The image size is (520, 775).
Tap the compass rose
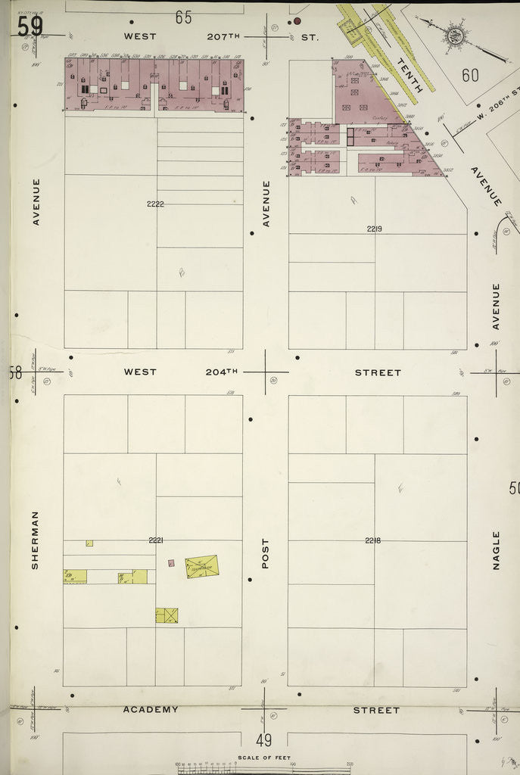456,34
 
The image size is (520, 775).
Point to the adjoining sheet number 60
471,75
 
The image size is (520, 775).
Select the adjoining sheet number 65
184,17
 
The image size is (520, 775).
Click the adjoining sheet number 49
263,740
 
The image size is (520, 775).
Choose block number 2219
375,228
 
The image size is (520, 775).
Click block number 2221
156,540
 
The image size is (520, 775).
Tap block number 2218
373,540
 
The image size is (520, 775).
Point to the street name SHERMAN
35,540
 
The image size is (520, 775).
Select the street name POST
266,553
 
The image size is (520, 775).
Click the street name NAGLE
497,549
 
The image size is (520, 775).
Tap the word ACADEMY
151,710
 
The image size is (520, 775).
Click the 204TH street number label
221,372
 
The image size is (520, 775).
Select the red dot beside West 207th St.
297,21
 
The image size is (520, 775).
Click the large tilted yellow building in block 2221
202,566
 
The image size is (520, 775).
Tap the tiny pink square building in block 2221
172,562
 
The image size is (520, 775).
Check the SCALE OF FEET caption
259,758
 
